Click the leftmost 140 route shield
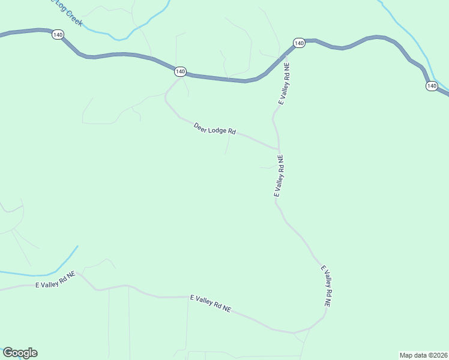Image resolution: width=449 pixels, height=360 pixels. tap(57, 35)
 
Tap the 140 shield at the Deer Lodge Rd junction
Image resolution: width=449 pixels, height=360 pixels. tap(180, 71)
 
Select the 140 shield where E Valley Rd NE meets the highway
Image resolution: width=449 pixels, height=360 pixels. tap(299, 43)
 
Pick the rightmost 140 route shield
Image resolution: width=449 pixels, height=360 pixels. tap(432, 86)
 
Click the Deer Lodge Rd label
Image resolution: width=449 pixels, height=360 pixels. tap(214, 128)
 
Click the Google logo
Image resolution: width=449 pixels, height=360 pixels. tap(20, 353)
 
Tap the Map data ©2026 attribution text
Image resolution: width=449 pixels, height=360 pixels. tap(423, 355)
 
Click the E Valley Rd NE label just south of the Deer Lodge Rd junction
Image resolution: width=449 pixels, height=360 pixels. tap(279, 176)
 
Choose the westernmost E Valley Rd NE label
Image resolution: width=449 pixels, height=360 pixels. tap(55, 280)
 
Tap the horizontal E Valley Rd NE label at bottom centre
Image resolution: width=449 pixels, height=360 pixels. tap(210, 304)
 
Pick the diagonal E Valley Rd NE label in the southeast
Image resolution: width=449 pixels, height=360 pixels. tap(326, 286)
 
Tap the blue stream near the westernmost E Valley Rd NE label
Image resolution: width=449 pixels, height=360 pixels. tap(36, 274)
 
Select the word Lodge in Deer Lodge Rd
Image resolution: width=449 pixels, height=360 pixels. tap(217, 130)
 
